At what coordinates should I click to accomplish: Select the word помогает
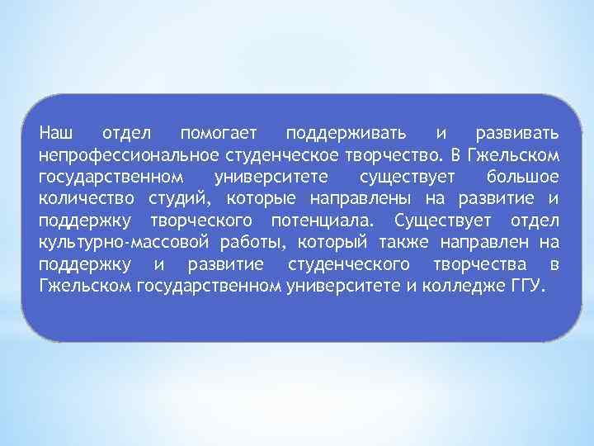coord(218,133)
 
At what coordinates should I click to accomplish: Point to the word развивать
coord(518,133)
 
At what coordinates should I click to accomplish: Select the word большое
coord(522,177)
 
